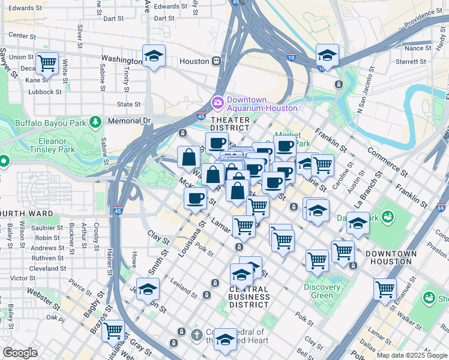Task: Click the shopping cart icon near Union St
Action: (46, 62)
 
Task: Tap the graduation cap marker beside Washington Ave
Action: (154, 56)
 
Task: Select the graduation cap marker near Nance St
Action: (327, 56)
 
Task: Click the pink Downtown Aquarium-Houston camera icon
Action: (216, 103)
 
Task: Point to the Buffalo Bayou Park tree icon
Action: (95, 122)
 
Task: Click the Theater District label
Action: (229, 124)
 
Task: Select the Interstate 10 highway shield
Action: (291, 58)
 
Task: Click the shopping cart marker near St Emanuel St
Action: (385, 289)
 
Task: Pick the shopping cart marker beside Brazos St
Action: (113, 331)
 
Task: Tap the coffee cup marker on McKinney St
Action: (196, 199)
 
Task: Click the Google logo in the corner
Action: (20, 353)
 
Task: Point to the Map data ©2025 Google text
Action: (412, 355)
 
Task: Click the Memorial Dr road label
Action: (128, 121)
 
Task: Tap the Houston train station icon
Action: (215, 61)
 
